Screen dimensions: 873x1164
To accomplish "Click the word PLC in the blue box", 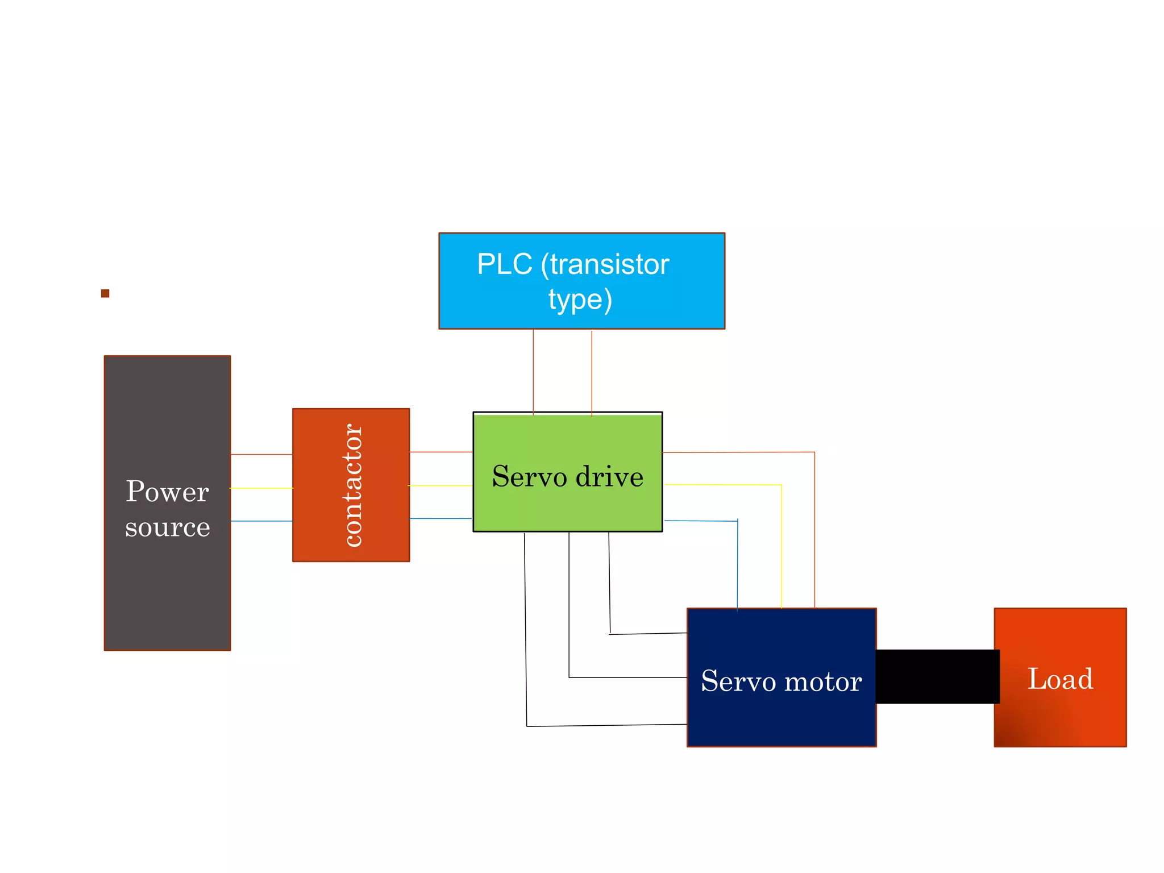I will pos(504,264).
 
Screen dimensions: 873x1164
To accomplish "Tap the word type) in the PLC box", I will pos(580,300).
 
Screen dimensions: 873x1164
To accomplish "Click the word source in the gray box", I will pos(167,527).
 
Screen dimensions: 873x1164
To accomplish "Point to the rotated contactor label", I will pos(352,485).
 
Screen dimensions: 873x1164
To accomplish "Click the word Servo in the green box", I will pos(529,476).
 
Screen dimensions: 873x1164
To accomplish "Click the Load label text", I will pos(1060,679).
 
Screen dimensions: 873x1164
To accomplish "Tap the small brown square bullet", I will pos(105,293).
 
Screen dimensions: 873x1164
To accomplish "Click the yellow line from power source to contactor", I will pos(261,488).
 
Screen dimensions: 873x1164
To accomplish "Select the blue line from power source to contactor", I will pos(261,521).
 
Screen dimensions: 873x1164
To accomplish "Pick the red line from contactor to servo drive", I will pos(441,452).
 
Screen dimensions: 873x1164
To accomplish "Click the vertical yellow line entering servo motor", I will pos(781,546).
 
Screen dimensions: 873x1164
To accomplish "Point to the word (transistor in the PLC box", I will pos(605,264).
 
